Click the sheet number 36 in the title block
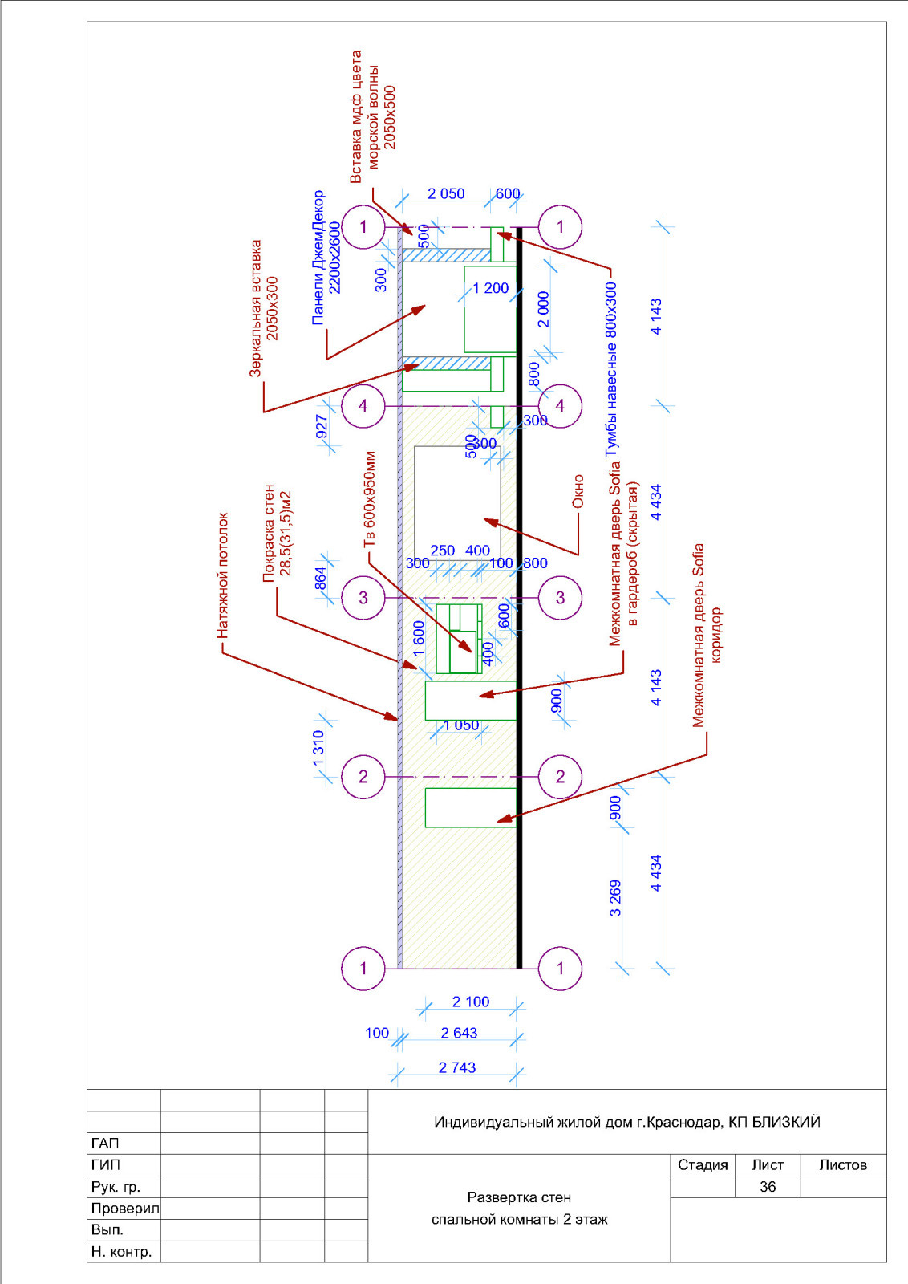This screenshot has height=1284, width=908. click(767, 1187)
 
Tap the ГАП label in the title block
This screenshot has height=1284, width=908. click(105, 1144)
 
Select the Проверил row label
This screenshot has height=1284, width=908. click(125, 1209)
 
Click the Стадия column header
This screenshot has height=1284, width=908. click(703, 1164)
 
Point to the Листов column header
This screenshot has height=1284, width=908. click(843, 1164)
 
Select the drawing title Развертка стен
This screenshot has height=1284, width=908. click(519, 1197)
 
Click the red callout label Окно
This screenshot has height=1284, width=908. click(578, 491)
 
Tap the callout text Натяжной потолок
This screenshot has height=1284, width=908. click(223, 575)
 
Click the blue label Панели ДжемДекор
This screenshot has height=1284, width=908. click(318, 258)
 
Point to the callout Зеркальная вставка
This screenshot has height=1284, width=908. click(255, 308)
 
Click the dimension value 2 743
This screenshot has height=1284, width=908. click(457, 1067)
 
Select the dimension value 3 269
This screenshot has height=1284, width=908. click(615, 898)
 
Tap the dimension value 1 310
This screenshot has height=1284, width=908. click(318, 749)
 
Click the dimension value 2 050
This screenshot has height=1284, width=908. click(446, 193)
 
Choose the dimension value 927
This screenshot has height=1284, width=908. click(322, 426)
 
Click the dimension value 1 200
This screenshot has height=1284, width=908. click(490, 288)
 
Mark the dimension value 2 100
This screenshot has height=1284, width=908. click(471, 1002)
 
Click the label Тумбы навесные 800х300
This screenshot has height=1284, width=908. click(612, 369)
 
